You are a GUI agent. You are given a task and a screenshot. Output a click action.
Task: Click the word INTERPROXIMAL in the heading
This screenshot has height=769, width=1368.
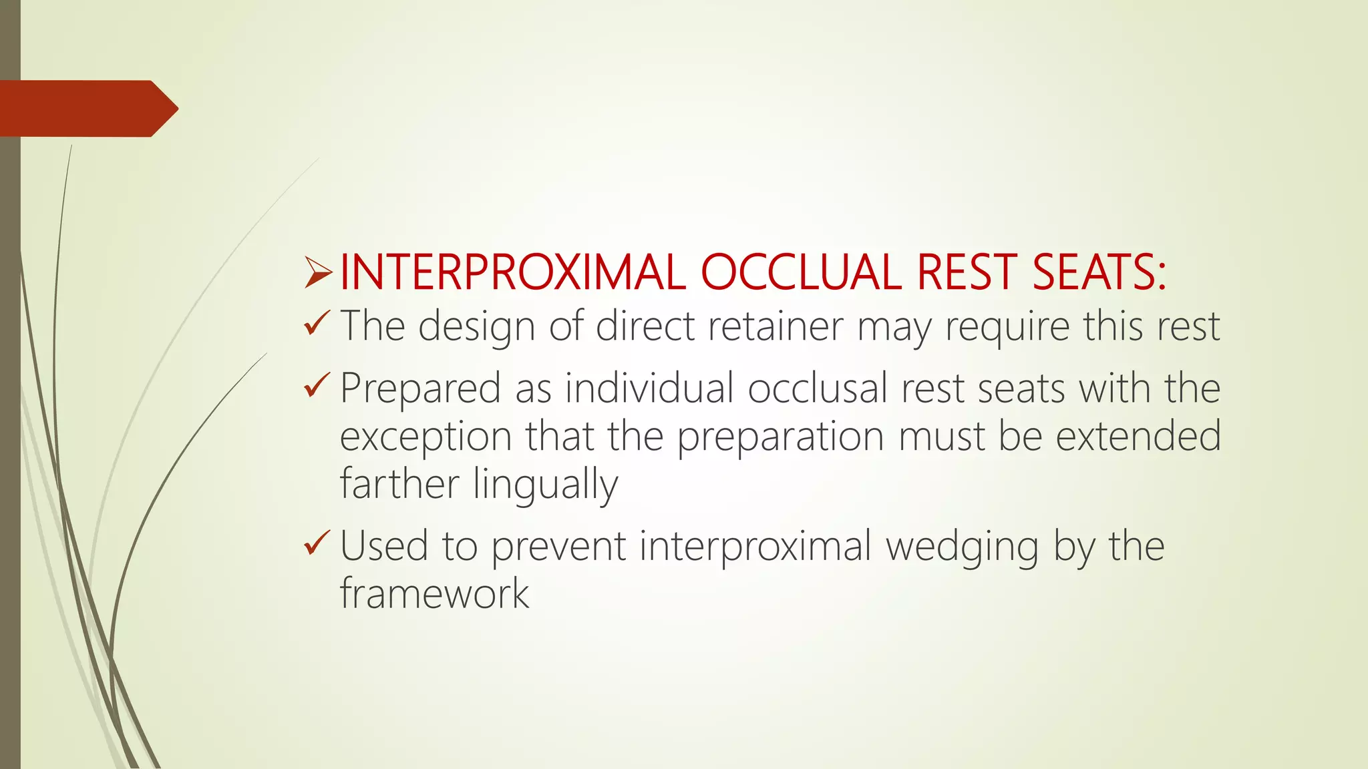click(513, 272)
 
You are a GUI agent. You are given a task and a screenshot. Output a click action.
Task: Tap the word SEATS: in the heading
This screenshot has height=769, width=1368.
click(1099, 272)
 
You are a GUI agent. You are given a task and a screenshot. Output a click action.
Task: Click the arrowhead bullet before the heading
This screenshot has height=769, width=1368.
click(318, 273)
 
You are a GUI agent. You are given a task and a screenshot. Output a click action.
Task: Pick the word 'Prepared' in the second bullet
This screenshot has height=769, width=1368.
click(420, 389)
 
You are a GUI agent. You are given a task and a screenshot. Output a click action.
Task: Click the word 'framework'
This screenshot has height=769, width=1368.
click(434, 593)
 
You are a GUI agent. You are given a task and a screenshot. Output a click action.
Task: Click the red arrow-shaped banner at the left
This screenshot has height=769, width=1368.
click(87, 109)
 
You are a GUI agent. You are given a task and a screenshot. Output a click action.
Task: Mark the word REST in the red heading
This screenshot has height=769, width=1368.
click(967, 272)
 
